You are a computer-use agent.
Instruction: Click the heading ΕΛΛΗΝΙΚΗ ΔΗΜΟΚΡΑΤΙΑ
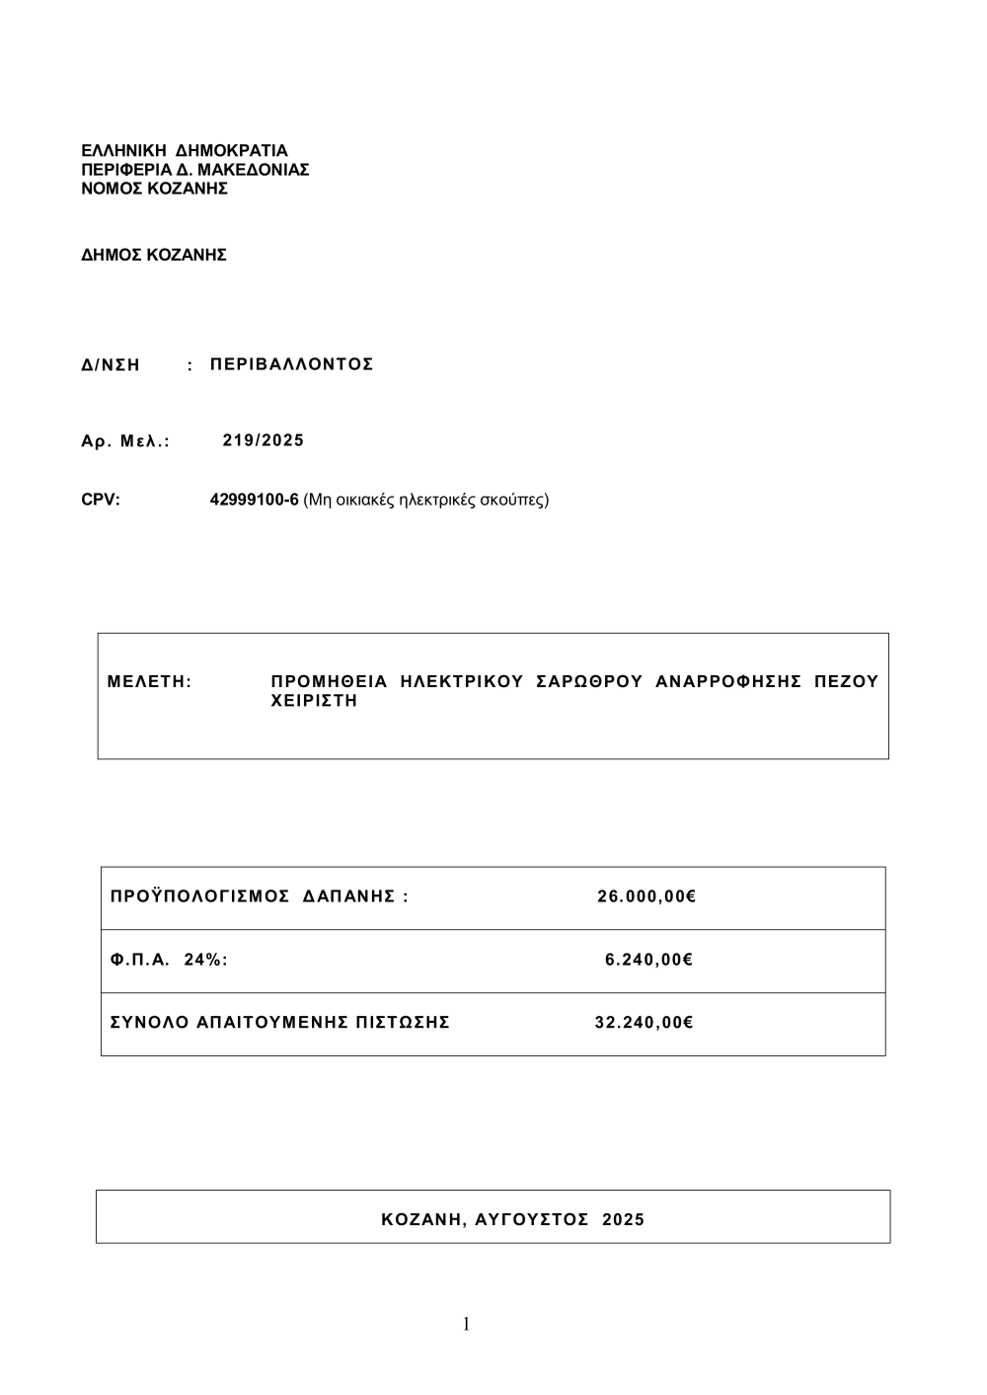tap(184, 151)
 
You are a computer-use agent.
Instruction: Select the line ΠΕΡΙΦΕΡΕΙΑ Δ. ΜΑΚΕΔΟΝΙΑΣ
tap(194, 170)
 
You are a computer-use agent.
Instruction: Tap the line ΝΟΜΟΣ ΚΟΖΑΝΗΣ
tap(154, 189)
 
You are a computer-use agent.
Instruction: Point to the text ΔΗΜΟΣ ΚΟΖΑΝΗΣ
tap(154, 255)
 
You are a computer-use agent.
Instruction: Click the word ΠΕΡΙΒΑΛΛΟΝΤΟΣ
tap(292, 364)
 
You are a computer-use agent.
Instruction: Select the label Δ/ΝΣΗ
tap(111, 365)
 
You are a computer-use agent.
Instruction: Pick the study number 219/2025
tap(264, 440)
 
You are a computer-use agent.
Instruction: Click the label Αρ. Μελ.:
tap(125, 441)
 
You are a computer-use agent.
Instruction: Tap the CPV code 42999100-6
tap(254, 500)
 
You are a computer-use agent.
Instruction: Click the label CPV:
tap(101, 500)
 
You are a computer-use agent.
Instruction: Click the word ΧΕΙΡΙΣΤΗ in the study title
tap(314, 701)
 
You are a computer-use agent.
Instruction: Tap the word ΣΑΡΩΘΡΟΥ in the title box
tap(588, 681)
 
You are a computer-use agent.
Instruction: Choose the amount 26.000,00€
tap(646, 897)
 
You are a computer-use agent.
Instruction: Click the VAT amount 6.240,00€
tap(648, 960)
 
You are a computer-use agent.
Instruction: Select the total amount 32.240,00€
tap(644, 1023)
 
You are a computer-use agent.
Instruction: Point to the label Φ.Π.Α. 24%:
tap(169, 960)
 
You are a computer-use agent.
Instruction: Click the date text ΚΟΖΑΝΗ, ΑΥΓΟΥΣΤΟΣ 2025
tap(512, 1220)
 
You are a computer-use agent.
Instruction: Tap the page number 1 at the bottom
tap(466, 1325)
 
